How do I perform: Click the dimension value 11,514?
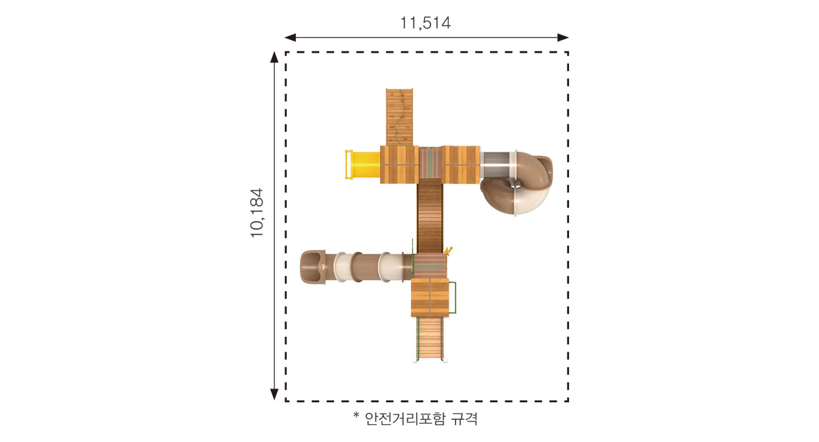point(425,23)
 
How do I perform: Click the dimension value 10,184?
point(257,213)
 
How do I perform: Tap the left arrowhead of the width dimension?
point(290,37)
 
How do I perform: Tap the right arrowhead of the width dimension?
point(563,37)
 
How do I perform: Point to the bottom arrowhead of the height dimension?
point(274,394)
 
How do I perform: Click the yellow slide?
point(363,165)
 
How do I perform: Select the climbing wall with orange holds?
point(399,117)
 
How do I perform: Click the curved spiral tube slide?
point(516,181)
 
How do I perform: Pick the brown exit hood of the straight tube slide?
point(313,267)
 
